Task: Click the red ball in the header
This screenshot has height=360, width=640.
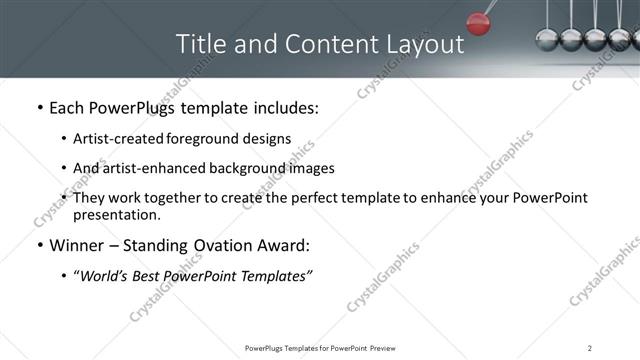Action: click(x=478, y=22)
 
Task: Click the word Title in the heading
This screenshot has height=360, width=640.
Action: click(x=198, y=45)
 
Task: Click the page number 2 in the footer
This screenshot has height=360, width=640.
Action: click(x=590, y=348)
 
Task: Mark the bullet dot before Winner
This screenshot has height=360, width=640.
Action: click(x=39, y=246)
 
